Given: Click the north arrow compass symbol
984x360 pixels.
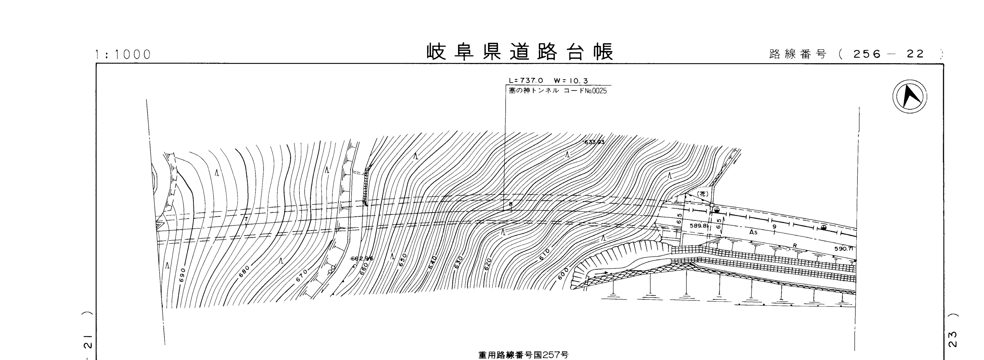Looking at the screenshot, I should (910, 96).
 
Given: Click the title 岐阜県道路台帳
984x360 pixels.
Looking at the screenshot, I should (520, 52).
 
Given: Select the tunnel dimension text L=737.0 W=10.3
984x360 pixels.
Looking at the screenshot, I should (548, 81).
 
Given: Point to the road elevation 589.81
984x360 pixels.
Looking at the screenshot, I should (699, 226).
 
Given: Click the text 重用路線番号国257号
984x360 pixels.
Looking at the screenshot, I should (523, 355).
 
